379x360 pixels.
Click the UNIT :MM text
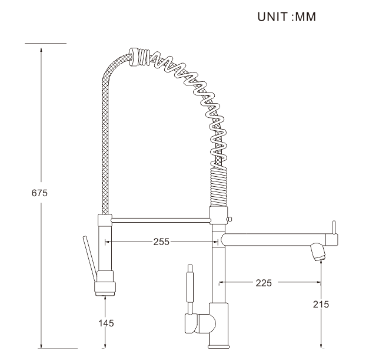click(x=287, y=17)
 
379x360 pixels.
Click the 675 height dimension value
click(x=39, y=193)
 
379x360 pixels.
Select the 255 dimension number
click(x=161, y=242)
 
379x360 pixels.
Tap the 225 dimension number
click(x=263, y=283)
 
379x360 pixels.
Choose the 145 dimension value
click(x=105, y=322)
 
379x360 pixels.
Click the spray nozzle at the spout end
click(x=318, y=253)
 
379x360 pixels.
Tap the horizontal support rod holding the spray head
click(x=159, y=220)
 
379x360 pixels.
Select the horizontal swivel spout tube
click(x=271, y=240)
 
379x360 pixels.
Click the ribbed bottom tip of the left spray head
click(x=105, y=289)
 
